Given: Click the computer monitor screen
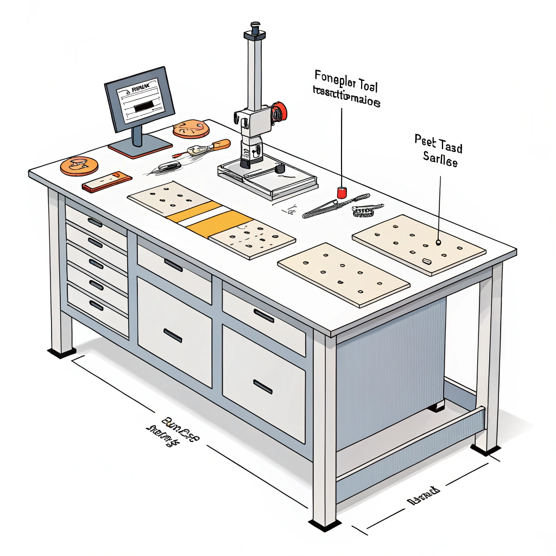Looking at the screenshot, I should (139, 99).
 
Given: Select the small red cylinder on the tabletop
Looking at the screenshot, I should (342, 192).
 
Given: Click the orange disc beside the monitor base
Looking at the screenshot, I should (191, 129).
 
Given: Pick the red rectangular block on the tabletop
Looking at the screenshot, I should (107, 182).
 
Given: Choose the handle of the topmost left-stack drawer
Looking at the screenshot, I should (95, 222).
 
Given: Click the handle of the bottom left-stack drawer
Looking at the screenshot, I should (96, 305).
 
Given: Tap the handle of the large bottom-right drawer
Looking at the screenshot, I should (263, 386).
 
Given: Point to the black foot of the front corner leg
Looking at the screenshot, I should (325, 525).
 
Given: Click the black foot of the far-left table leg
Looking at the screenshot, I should (61, 353).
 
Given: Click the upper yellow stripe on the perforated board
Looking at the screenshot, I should (194, 211).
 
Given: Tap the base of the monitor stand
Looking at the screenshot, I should (140, 147).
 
